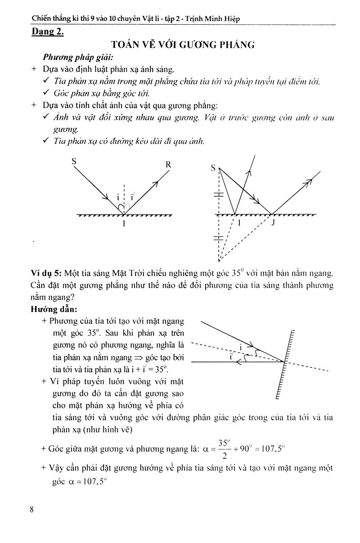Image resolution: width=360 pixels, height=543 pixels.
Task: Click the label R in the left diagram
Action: tap(168, 164)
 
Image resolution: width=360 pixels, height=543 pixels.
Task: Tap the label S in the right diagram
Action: tap(213, 168)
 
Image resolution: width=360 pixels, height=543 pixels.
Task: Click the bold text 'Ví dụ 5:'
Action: tap(46, 273)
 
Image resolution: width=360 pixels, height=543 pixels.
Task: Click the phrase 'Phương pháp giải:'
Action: tap(72, 58)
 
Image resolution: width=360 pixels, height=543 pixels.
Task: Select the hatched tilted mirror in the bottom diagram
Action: tap(284, 365)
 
